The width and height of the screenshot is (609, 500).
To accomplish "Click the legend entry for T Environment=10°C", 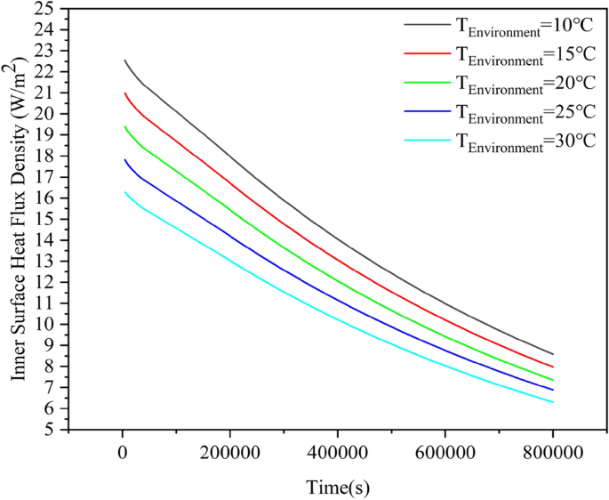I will [x=525, y=28].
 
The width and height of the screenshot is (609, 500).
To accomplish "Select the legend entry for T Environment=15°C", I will [x=525, y=56].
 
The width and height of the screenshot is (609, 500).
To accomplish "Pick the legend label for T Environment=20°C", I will [x=525, y=84].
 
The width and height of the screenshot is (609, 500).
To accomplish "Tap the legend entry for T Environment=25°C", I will [x=525, y=112].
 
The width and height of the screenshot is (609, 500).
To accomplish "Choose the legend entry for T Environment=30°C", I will [x=525, y=141].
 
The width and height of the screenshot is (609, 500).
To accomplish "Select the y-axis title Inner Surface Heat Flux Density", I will [x=19, y=218].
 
